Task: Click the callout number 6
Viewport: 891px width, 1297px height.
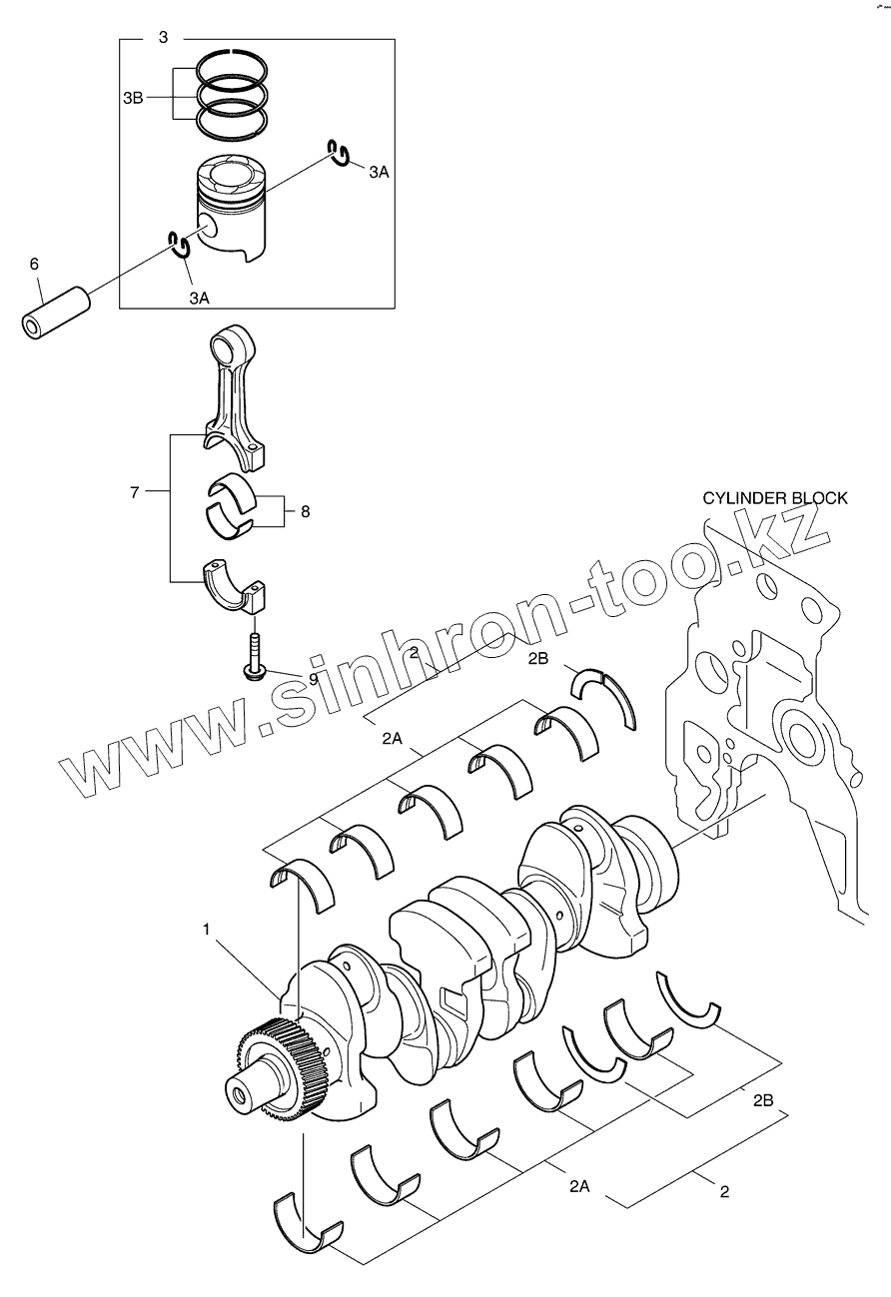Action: (34, 264)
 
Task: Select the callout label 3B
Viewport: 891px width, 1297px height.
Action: (133, 97)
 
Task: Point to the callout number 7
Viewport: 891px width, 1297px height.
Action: (136, 491)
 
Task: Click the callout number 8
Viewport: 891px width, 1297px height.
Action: (305, 511)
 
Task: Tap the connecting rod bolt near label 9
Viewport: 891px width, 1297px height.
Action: (257, 655)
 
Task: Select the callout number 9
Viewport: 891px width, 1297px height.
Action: (313, 678)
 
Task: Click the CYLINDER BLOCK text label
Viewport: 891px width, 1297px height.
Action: (774, 497)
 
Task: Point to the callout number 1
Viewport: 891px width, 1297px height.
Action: (206, 929)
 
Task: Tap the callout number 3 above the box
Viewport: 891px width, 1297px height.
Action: (163, 37)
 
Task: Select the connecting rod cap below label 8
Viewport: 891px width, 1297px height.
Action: (237, 584)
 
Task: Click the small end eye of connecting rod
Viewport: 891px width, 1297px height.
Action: (228, 348)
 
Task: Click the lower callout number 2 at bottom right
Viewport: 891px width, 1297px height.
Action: (724, 1191)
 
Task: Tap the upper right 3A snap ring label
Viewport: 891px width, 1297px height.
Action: (378, 172)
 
